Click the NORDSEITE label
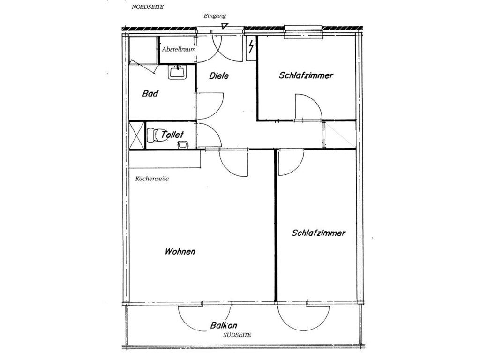point(148,7)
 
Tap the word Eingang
point(215,16)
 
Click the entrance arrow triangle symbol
point(225,26)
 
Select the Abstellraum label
point(179,49)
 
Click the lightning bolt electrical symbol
point(251,47)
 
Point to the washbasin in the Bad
point(177,72)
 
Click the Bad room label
point(150,93)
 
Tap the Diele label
point(219,75)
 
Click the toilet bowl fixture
point(157,135)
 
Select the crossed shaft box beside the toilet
point(136,135)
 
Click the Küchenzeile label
point(152,179)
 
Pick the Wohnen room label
point(180,252)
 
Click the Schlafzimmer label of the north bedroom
point(306,75)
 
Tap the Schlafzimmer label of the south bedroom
point(318,233)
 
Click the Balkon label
point(224,325)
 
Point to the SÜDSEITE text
point(237,335)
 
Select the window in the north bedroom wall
point(303,32)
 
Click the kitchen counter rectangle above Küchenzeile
point(165,159)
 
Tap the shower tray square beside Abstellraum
point(143,51)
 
